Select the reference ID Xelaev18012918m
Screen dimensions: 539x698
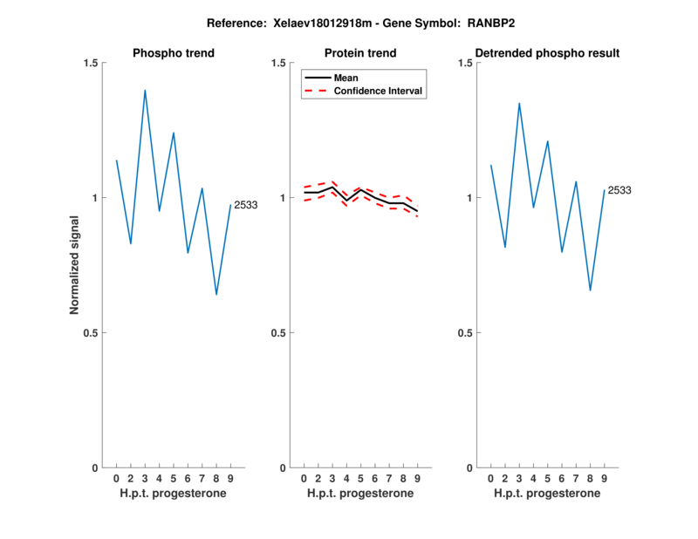click(x=306, y=24)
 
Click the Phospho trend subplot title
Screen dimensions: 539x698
click(x=174, y=53)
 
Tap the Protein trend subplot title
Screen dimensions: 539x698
click(x=360, y=53)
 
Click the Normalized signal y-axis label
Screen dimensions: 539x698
click(x=75, y=265)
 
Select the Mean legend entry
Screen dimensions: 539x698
click(x=346, y=78)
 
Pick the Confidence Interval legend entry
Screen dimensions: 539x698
click(x=379, y=91)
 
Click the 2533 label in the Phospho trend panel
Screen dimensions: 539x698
click(x=245, y=205)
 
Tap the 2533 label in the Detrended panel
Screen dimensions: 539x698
click(x=619, y=190)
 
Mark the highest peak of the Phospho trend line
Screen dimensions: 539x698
click(x=145, y=90)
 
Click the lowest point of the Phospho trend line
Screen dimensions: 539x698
click(x=216, y=295)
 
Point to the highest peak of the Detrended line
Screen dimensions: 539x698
click(x=519, y=103)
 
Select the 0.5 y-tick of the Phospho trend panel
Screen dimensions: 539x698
click(x=92, y=333)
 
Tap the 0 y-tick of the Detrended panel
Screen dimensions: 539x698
click(x=469, y=467)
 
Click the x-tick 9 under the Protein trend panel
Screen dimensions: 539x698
click(x=417, y=479)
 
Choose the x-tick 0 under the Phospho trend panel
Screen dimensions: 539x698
click(x=116, y=479)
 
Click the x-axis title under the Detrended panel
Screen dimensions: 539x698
click(x=547, y=494)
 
